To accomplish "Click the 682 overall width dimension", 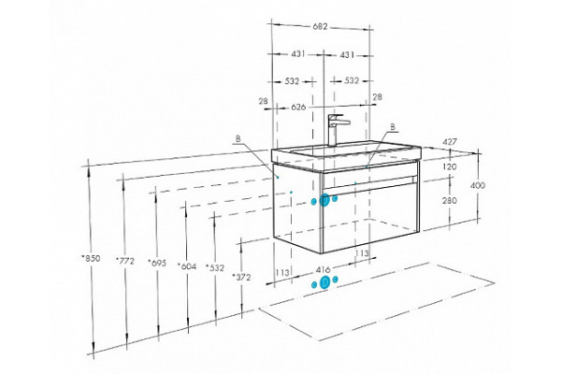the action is [320, 26].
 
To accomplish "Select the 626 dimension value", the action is [298, 107].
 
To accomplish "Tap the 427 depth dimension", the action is [450, 142].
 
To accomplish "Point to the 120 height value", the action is [450, 166].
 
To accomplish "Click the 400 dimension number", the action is [478, 185].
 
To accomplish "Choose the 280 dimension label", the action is [450, 200].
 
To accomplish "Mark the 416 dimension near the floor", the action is [324, 269].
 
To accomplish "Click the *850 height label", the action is [91, 258].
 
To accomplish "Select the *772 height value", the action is [125, 261].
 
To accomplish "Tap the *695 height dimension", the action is [157, 263].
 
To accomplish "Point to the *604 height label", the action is [187, 266].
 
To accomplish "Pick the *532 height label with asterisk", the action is [215, 267].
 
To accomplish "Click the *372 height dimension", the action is [242, 277].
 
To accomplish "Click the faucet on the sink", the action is [336, 130].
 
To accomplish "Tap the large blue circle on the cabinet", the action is [324, 200].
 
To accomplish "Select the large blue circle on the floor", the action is [324, 282].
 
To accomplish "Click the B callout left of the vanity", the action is [238, 139].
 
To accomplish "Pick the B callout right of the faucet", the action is [393, 126].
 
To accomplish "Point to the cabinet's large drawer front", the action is [370, 218].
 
